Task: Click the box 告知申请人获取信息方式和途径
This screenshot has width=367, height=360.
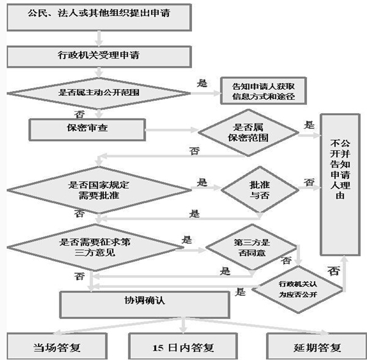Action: pyautogui.click(x=260, y=91)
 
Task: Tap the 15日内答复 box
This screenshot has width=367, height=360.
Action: pyautogui.click(x=183, y=348)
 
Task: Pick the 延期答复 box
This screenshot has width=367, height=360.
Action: pyautogui.click(x=311, y=348)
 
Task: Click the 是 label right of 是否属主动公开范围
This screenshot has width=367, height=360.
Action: pyautogui.click(x=202, y=82)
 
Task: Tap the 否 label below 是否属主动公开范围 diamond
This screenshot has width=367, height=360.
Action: pyautogui.click(x=79, y=114)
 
